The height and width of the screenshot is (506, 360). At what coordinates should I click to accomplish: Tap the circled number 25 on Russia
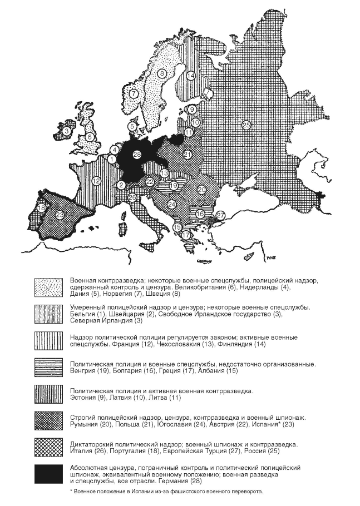246,125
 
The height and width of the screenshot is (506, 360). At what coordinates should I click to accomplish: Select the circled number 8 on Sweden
162,73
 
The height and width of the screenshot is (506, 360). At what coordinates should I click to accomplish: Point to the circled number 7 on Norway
134,93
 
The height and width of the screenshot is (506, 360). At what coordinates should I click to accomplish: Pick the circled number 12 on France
96,180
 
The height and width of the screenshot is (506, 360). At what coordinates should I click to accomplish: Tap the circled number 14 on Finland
191,76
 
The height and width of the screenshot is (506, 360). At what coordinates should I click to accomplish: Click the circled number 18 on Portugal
41,208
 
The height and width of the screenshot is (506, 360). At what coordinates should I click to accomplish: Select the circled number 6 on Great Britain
90,137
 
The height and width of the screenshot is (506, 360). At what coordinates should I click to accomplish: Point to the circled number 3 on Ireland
67,131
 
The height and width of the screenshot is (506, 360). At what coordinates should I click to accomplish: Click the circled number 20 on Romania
201,190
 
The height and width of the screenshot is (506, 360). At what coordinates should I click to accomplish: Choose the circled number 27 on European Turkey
220,215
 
